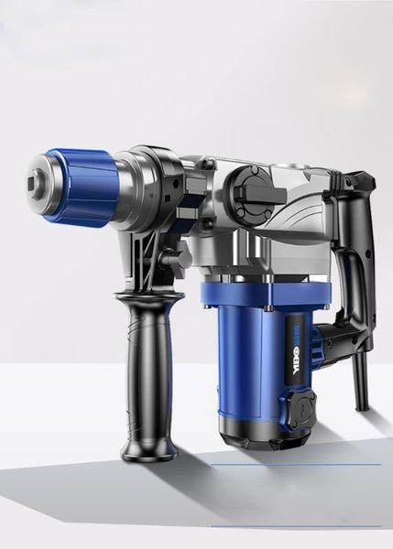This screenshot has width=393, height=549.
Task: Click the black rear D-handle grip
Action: coord(353,247)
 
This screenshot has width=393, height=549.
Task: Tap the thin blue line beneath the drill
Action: coord(293,464)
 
